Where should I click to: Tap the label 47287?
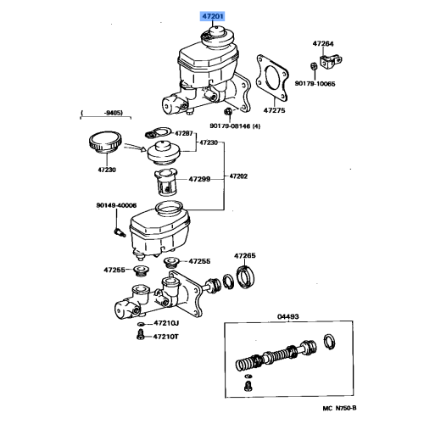pyautogui.click(x=185, y=134)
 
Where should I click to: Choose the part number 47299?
pyautogui.click(x=199, y=180)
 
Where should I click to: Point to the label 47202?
pyautogui.click(x=239, y=176)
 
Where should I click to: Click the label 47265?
pyautogui.click(x=245, y=254)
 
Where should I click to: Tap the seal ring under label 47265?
pyautogui.click(x=245, y=276)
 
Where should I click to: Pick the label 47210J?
pyautogui.click(x=168, y=323)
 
